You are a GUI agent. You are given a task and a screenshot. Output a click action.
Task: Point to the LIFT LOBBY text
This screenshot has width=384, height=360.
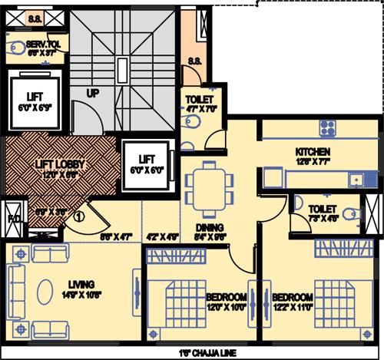click(60, 164)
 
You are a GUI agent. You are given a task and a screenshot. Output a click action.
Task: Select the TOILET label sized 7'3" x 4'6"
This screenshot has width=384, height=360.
click(323, 208)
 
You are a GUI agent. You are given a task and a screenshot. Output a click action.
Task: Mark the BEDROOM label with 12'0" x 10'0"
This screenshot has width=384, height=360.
click(226, 296)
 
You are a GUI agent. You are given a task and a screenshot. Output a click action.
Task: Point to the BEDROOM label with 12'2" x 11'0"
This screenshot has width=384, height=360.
click(292, 296)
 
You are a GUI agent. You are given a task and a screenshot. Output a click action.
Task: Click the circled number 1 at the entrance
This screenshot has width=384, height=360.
click(78, 216)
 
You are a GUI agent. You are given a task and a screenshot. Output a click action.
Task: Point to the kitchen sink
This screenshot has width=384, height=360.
click(356, 180)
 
